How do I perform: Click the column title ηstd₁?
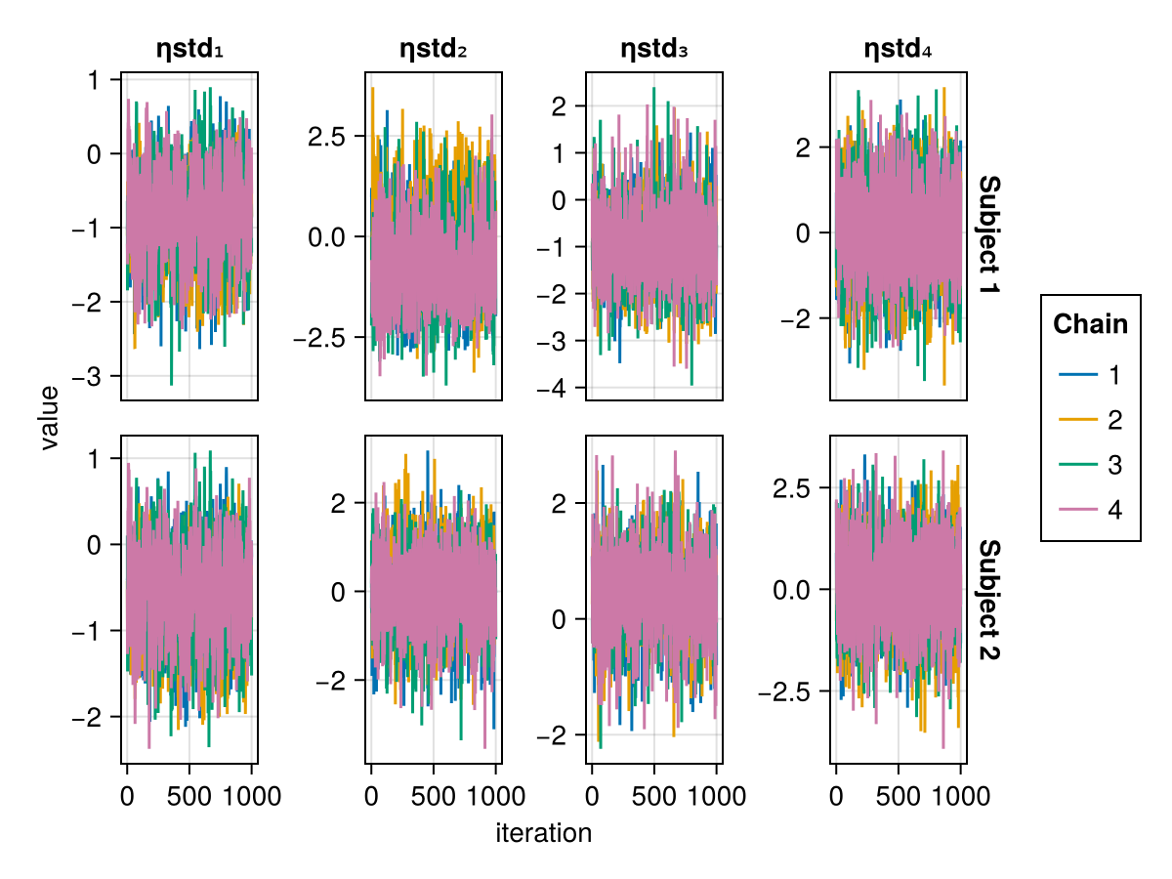189,50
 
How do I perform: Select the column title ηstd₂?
434,50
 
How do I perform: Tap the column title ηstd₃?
654,50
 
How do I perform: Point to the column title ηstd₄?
899,50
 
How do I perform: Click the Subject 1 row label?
988,236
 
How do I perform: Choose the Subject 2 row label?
988,600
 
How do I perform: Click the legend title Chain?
1090,324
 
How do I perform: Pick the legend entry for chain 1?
1090,375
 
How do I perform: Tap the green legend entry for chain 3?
1090,465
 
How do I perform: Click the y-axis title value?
50,417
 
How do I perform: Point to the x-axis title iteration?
543,833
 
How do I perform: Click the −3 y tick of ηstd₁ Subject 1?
92,376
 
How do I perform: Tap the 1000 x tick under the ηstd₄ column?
960,795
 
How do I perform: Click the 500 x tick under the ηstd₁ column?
189,795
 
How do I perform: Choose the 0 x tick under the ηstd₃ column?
592,795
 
